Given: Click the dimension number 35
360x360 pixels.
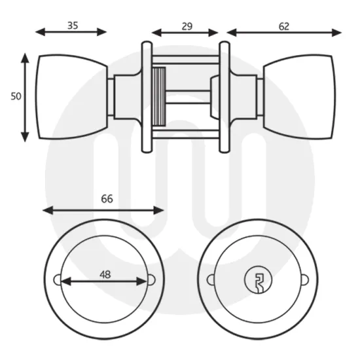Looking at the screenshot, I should (72, 26).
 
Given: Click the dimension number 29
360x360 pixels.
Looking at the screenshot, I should (187, 26).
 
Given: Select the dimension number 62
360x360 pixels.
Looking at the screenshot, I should (283, 26).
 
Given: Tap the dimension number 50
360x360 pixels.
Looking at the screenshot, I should (16, 96).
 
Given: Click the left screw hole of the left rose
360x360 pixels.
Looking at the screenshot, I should (57, 281).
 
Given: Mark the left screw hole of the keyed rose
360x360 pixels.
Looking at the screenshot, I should (211, 281).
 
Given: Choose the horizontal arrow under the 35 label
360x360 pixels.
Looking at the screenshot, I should (71, 32).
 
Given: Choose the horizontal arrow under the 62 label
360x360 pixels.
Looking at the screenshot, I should (284, 32).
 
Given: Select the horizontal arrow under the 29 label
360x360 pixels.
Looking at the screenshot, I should (185, 32).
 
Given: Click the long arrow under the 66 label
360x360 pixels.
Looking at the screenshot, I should (103, 210).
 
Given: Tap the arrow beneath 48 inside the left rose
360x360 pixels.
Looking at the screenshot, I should (103, 282).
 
